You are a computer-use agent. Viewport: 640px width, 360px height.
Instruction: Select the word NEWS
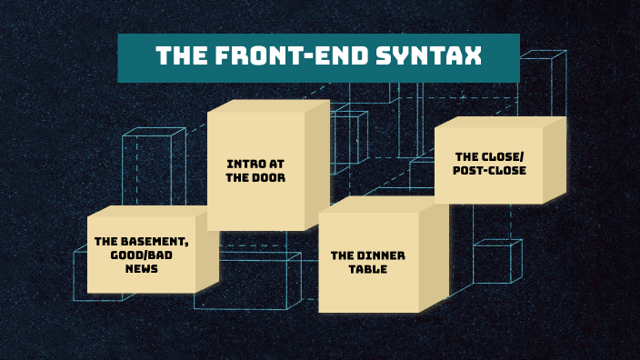pyautogui.click(x=142, y=269)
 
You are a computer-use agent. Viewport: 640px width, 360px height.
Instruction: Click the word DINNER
pyautogui.click(x=380, y=255)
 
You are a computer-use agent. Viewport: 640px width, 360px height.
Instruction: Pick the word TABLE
pyautogui.click(x=367, y=269)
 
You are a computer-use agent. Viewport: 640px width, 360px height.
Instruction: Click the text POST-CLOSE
pyautogui.click(x=489, y=170)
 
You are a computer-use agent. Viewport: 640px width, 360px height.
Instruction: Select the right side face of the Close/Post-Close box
pyautogui.click(x=555, y=161)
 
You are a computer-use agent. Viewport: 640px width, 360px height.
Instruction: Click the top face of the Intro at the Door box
pyautogui.click(x=267, y=105)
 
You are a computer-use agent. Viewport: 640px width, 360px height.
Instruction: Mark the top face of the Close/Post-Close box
pyautogui.click(x=498, y=122)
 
